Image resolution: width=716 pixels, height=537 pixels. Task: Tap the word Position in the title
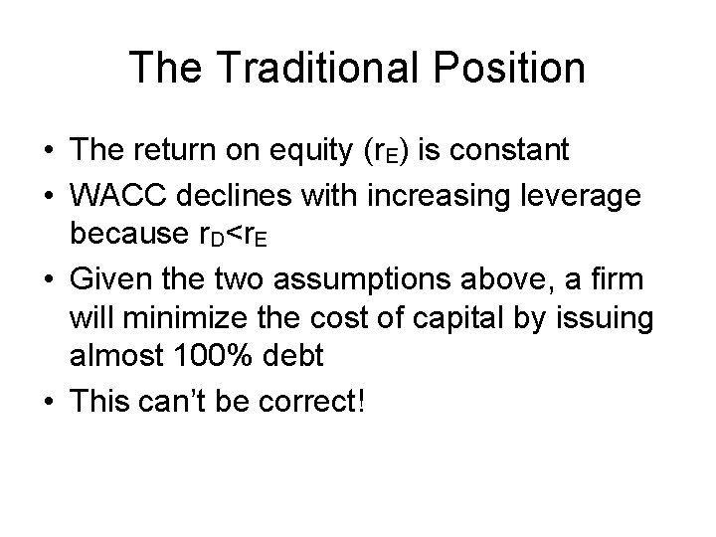click(x=512, y=68)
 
